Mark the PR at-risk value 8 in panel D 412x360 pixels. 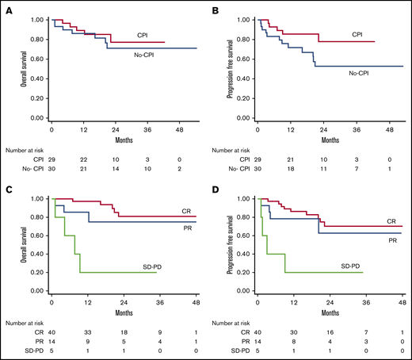(x=289, y=339)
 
